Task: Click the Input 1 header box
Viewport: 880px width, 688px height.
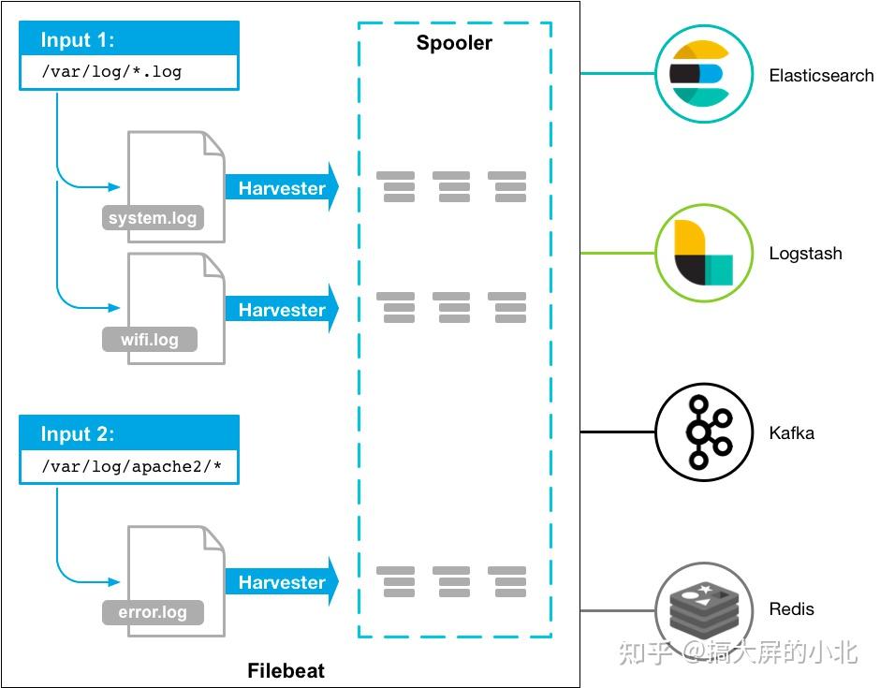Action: pyautogui.click(x=129, y=40)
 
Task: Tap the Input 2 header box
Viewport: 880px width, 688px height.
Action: pyautogui.click(x=129, y=434)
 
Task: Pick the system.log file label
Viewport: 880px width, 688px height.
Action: pyautogui.click(x=153, y=219)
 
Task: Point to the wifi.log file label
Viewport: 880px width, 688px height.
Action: pyautogui.click(x=150, y=339)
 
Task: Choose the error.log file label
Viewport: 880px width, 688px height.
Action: pyautogui.click(x=153, y=613)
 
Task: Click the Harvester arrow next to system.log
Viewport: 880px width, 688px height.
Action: pyautogui.click(x=281, y=188)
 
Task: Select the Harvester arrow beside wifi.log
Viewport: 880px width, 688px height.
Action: pyautogui.click(x=281, y=310)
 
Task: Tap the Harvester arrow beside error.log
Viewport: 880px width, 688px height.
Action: pyautogui.click(x=281, y=582)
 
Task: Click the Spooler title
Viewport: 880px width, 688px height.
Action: pyautogui.click(x=454, y=43)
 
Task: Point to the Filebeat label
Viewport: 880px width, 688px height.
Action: pyautogui.click(x=286, y=671)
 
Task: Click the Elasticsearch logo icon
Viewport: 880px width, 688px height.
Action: pyautogui.click(x=704, y=74)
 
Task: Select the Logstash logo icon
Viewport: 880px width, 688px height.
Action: pyautogui.click(x=704, y=253)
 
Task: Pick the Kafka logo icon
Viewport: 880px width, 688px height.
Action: pyautogui.click(x=704, y=432)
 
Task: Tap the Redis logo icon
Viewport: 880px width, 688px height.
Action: pyautogui.click(x=704, y=609)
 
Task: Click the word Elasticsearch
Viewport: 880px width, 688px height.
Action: pyautogui.click(x=821, y=76)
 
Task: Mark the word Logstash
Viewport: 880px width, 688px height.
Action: pyautogui.click(x=805, y=254)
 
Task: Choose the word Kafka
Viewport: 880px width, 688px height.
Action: pyautogui.click(x=791, y=432)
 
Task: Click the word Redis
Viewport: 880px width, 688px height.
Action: pyautogui.click(x=791, y=609)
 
